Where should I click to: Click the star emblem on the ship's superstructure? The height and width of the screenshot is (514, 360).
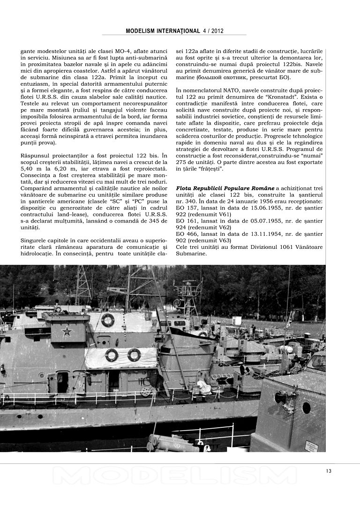point(67,332)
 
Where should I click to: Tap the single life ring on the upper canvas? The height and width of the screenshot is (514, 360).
point(107,320)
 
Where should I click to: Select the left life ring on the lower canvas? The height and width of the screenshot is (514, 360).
point(112,355)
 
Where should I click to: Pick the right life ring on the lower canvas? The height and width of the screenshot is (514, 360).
point(134,355)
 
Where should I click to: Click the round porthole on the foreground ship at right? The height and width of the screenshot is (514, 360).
point(306,408)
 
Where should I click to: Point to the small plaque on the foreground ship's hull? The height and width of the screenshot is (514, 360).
point(311,447)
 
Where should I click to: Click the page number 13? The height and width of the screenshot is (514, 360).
point(329,471)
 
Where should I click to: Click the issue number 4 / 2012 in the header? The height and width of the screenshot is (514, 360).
point(213,31)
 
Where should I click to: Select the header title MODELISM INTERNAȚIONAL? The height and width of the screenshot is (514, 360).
point(163,31)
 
